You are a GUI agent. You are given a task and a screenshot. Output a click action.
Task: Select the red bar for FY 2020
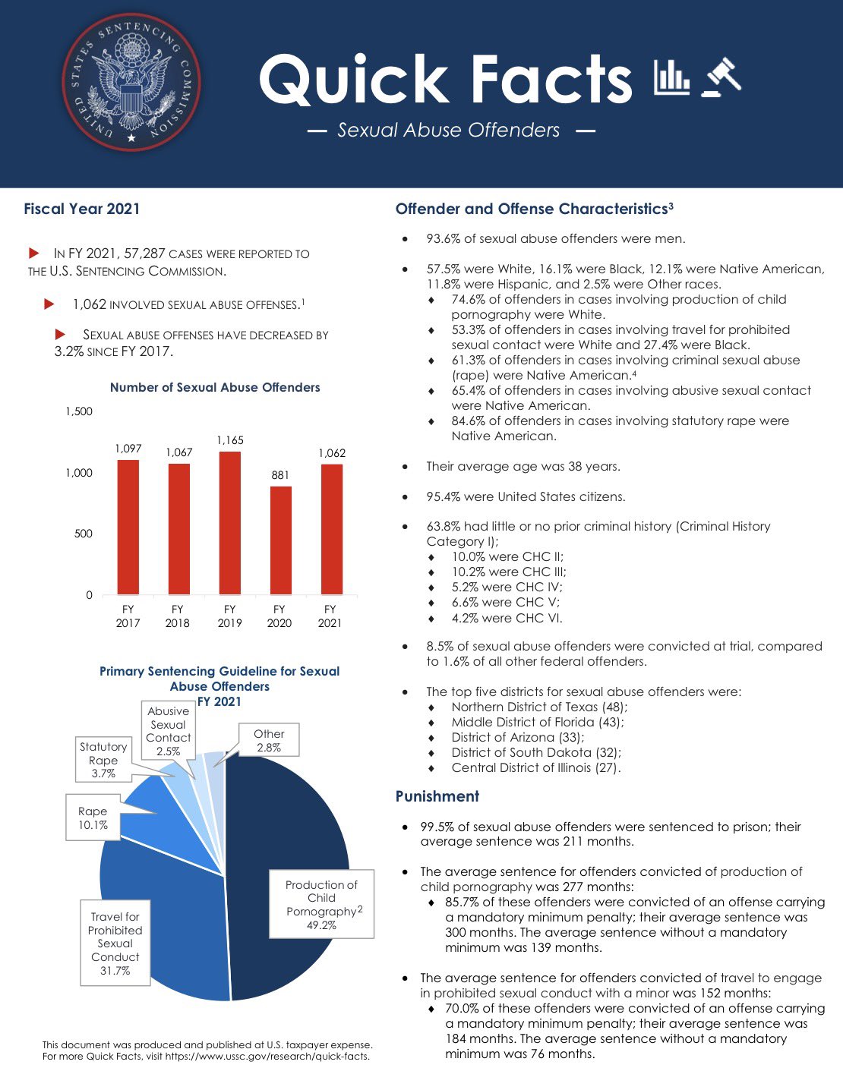click(280, 540)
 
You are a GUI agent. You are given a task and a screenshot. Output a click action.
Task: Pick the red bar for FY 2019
click(230, 523)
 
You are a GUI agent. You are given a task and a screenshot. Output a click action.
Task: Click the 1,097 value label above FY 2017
click(128, 449)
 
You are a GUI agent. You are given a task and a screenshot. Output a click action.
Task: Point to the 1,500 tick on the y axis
click(79, 411)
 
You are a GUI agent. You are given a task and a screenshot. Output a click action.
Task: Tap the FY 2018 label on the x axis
click(178, 616)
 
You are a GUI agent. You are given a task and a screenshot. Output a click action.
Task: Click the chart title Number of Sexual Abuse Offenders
click(215, 387)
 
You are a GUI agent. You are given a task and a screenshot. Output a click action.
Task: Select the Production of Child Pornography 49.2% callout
click(322, 904)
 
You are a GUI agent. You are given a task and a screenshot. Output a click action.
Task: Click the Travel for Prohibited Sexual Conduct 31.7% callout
click(115, 944)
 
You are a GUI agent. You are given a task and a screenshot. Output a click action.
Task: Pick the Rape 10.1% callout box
click(93, 817)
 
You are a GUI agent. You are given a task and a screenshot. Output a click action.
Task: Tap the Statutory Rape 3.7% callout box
click(103, 760)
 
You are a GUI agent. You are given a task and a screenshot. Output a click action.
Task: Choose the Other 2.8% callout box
click(269, 740)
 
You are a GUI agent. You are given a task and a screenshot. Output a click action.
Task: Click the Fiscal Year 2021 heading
click(82, 209)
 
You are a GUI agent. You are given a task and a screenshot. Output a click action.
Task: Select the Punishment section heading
click(437, 796)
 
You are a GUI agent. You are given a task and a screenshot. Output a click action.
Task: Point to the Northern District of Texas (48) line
click(539, 707)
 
